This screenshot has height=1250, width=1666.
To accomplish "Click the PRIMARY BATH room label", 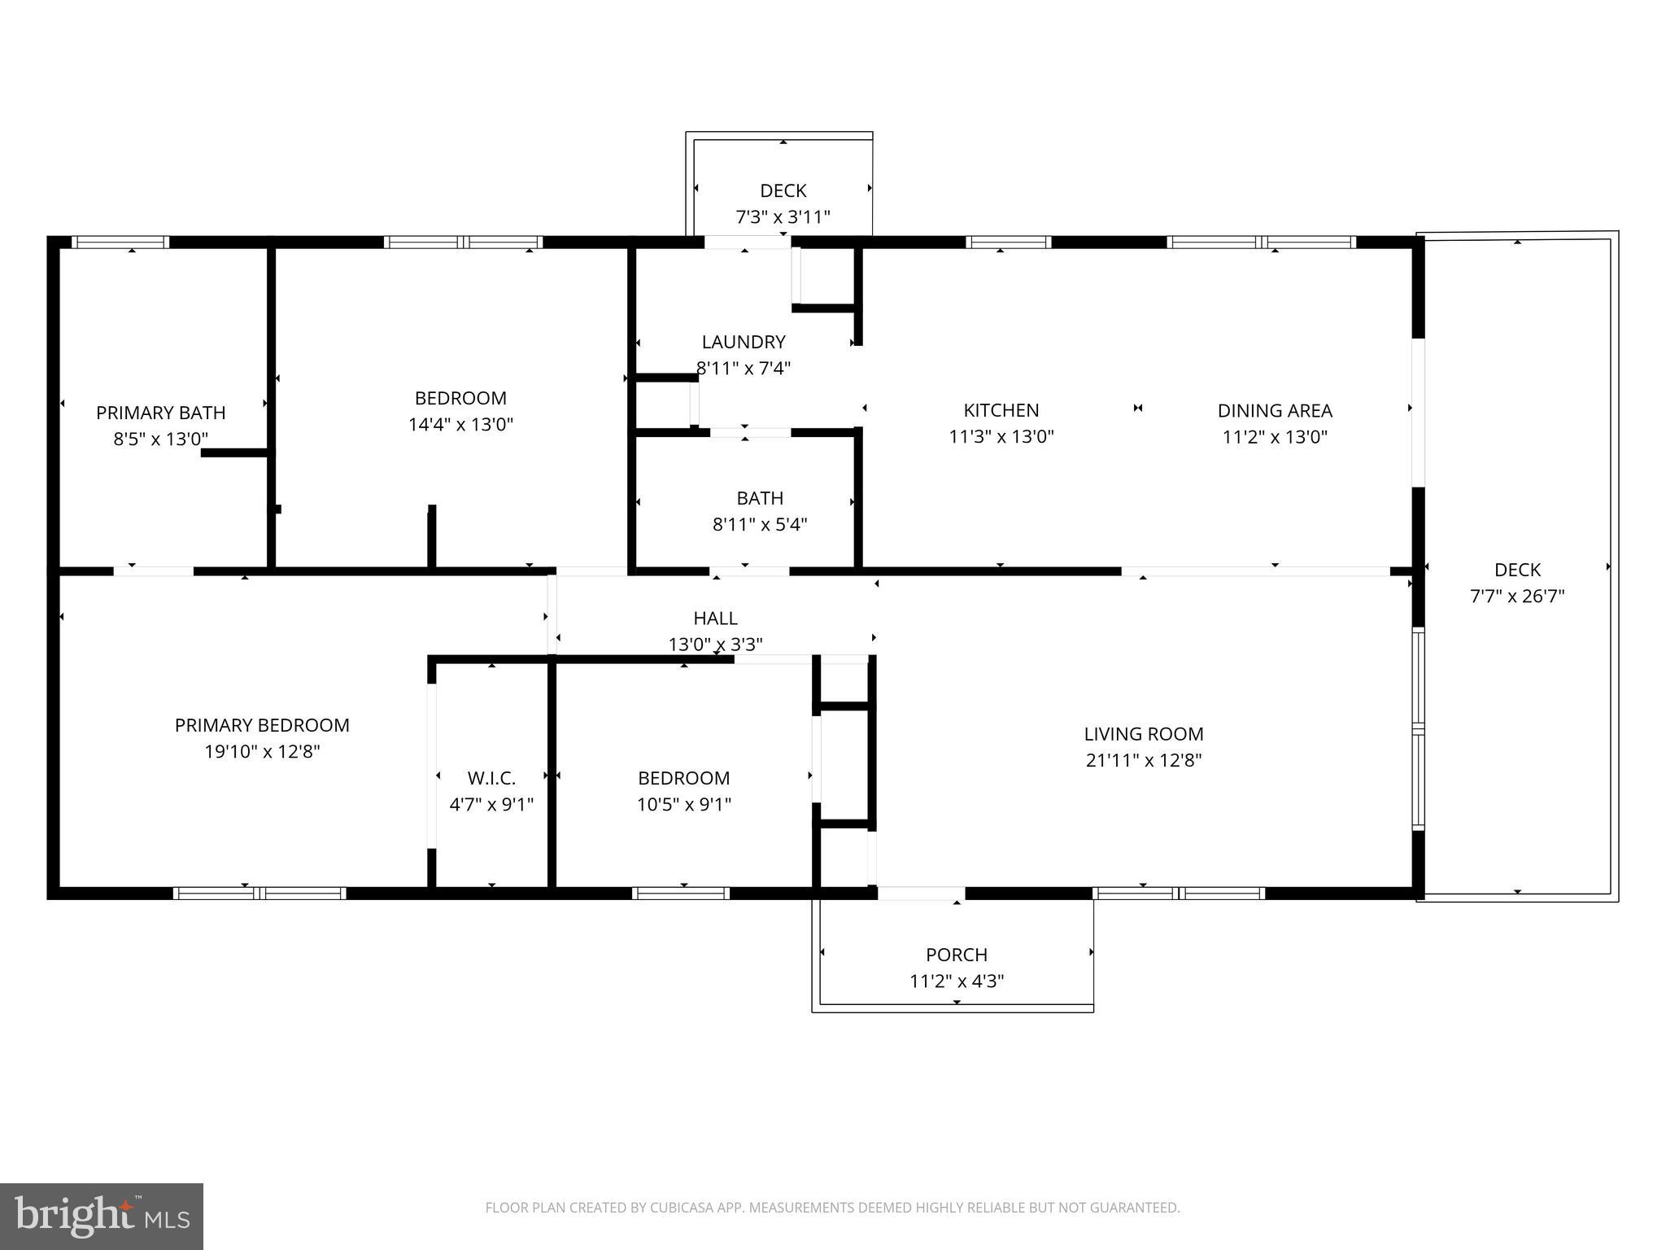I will [x=161, y=413].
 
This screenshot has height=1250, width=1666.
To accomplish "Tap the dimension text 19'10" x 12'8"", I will [x=262, y=751].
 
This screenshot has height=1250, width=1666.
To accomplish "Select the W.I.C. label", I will [x=491, y=778].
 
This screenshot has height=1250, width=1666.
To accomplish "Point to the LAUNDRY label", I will [x=744, y=342].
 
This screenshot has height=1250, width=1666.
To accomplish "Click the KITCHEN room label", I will [x=1001, y=410].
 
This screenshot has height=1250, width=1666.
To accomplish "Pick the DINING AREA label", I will [x=1275, y=410].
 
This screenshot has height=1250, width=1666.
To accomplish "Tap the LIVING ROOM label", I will [x=1143, y=733].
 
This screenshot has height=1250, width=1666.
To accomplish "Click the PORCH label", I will [x=957, y=954].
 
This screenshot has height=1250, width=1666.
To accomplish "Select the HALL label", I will [x=716, y=618].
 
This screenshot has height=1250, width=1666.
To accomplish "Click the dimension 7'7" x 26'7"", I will [x=1517, y=596].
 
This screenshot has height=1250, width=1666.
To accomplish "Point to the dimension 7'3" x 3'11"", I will [x=783, y=217].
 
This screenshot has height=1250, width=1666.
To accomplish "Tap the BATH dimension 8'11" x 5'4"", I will [x=760, y=524].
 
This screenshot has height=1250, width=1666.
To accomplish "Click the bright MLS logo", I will [x=102, y=1216].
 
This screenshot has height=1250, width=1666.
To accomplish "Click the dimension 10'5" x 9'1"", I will [x=683, y=805].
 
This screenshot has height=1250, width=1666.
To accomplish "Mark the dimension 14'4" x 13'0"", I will [x=460, y=424].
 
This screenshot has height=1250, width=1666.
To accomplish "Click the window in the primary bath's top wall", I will [x=120, y=242].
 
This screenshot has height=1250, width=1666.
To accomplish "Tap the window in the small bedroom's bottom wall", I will [x=681, y=893].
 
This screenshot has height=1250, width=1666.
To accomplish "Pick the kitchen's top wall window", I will [x=1008, y=242].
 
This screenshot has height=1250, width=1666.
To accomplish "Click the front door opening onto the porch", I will [x=920, y=893].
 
